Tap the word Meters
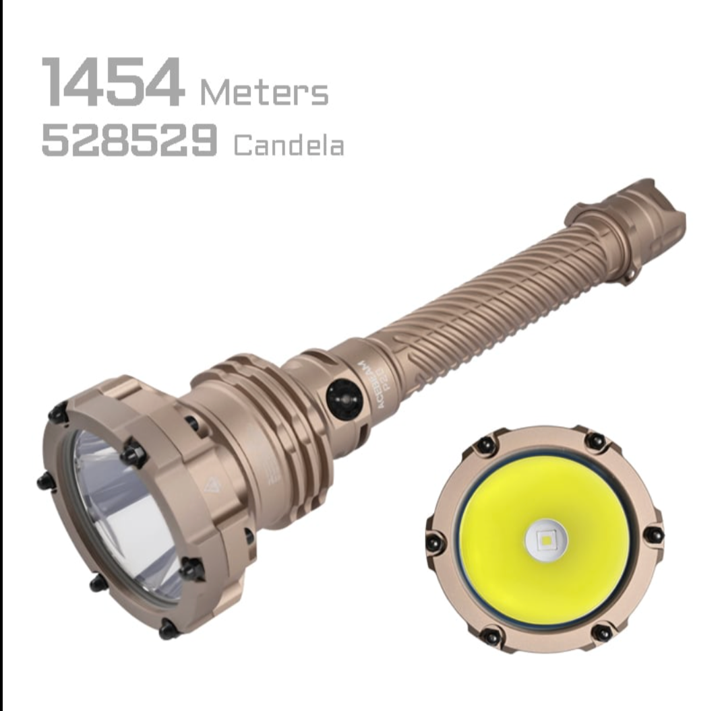[264, 93]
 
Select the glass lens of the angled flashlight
[125, 512]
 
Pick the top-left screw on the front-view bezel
[483, 446]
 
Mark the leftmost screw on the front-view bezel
[436, 540]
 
